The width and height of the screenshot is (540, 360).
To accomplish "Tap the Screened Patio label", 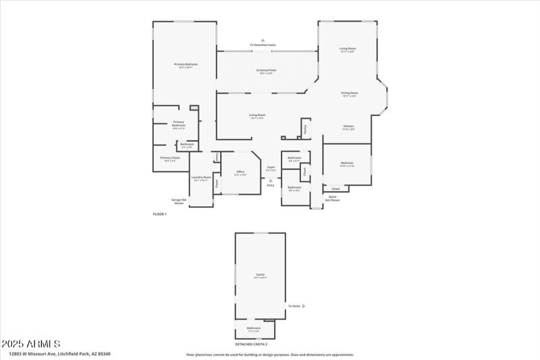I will pyautogui.click(x=265, y=70).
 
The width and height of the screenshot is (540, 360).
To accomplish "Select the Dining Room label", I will pyautogui.click(x=349, y=93).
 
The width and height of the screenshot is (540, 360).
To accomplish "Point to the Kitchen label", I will pyautogui.click(x=348, y=126).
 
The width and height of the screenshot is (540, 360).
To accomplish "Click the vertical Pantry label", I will pyautogui.click(x=305, y=128).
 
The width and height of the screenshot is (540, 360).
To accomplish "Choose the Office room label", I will pyautogui.click(x=240, y=172).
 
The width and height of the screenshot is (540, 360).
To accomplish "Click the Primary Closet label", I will pyautogui.click(x=169, y=158).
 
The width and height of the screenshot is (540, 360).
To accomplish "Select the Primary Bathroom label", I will pyautogui.click(x=178, y=124).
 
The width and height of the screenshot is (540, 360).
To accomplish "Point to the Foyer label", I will pyautogui.click(x=271, y=167).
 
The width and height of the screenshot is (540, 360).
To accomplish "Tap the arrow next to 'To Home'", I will pyautogui.click(x=304, y=306).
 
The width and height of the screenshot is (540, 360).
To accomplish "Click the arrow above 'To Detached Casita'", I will pyautogui.click(x=263, y=40).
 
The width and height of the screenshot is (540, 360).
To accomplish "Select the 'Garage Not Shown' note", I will pyautogui.click(x=178, y=201).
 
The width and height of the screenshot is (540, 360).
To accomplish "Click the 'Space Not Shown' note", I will pyautogui.click(x=332, y=198).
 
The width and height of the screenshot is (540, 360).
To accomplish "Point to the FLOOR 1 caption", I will pyautogui.click(x=159, y=213).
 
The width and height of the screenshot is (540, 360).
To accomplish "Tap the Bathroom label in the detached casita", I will pyautogui.click(x=253, y=328).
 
